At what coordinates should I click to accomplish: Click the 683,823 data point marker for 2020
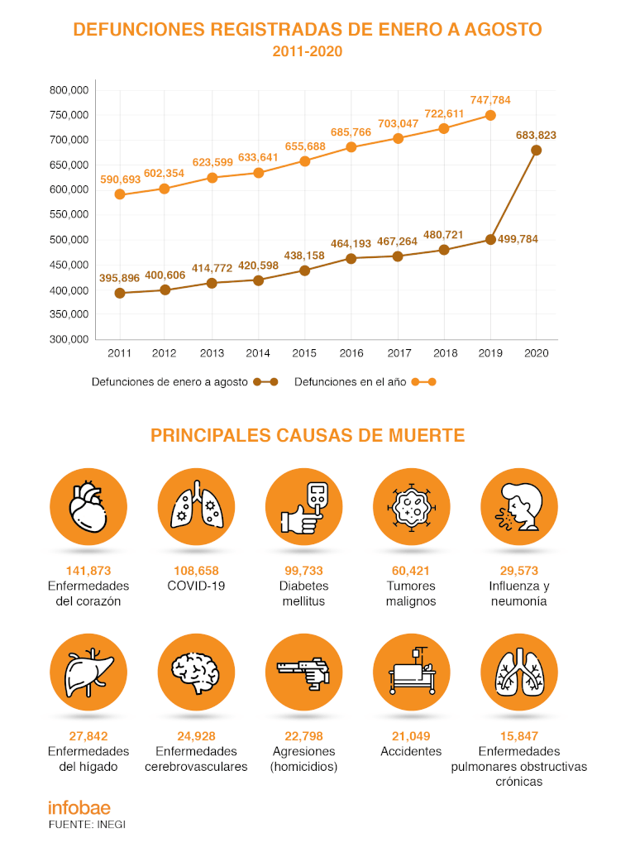(x=537, y=151)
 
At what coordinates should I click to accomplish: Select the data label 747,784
(x=490, y=100)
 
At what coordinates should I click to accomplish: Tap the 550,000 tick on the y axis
(x=69, y=214)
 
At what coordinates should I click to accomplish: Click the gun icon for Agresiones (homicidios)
(x=303, y=672)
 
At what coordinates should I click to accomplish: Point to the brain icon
(x=196, y=672)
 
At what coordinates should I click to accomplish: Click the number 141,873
(x=88, y=571)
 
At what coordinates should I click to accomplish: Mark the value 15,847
(x=518, y=736)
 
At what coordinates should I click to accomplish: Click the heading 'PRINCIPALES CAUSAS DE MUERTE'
(x=308, y=435)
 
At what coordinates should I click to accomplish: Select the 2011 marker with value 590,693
(x=120, y=194)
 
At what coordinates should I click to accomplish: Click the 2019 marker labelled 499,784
(x=490, y=240)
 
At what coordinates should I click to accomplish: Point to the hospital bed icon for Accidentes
(x=411, y=672)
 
